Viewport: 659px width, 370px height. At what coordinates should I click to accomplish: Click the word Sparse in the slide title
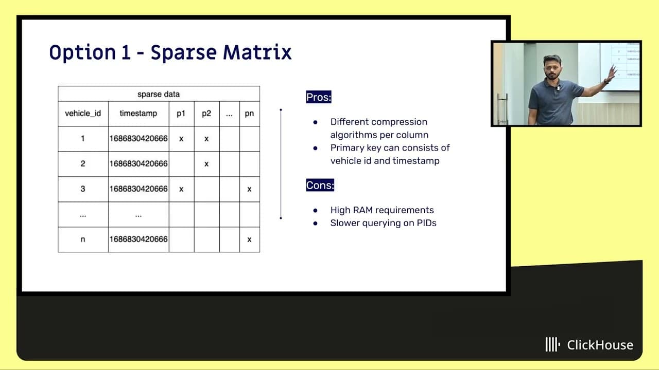[184, 53]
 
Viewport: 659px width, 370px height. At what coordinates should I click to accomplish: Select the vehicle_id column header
[83, 114]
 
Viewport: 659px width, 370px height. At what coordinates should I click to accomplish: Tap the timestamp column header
[138, 114]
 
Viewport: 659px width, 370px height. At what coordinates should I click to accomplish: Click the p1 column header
[181, 114]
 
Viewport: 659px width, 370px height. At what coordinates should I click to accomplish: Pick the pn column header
[249, 114]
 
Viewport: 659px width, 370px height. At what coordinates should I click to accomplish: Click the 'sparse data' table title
[159, 94]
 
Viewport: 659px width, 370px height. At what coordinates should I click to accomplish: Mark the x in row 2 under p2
[206, 164]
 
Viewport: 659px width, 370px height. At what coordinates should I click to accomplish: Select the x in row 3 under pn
[250, 189]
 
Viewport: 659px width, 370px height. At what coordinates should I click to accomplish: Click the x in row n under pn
[250, 239]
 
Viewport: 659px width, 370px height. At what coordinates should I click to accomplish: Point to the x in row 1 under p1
[181, 139]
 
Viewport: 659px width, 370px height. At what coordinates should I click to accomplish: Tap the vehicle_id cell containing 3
[83, 189]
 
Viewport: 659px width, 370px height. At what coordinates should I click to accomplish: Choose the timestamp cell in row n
[138, 239]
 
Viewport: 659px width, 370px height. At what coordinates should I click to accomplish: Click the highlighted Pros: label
[319, 97]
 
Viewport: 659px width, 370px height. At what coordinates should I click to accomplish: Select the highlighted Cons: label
[320, 185]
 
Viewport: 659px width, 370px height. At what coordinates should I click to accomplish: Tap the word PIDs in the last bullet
[426, 223]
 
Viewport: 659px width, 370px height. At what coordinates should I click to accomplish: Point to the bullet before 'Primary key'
[316, 148]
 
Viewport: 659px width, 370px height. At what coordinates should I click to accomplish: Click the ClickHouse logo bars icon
[553, 344]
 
